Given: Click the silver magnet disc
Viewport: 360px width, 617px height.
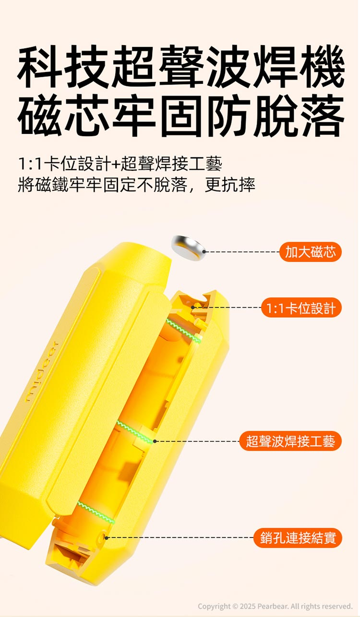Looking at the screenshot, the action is [189, 248].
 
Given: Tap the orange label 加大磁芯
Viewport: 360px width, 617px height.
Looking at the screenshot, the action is [311, 252].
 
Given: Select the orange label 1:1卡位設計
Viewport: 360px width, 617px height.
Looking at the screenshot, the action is [301, 308].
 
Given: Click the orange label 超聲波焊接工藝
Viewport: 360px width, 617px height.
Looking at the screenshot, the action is [290, 441].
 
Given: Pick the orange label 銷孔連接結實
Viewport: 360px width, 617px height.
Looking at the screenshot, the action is [298, 538].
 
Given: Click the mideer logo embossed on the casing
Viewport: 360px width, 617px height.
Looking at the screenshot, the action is [42, 371].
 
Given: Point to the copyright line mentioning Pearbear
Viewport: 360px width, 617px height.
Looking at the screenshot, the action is [275, 606].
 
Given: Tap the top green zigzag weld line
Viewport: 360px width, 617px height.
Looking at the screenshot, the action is [183, 330].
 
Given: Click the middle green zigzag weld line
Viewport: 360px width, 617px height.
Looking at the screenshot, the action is [135, 432].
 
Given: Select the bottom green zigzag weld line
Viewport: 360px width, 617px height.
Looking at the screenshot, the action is [96, 512].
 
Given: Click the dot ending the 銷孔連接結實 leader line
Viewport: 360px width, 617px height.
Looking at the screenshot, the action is [107, 538].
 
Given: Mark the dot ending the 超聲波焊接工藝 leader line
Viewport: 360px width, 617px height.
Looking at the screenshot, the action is [155, 441].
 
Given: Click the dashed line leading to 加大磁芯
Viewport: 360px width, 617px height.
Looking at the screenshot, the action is [242, 252].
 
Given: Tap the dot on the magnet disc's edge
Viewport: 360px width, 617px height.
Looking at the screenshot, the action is [204, 251].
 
